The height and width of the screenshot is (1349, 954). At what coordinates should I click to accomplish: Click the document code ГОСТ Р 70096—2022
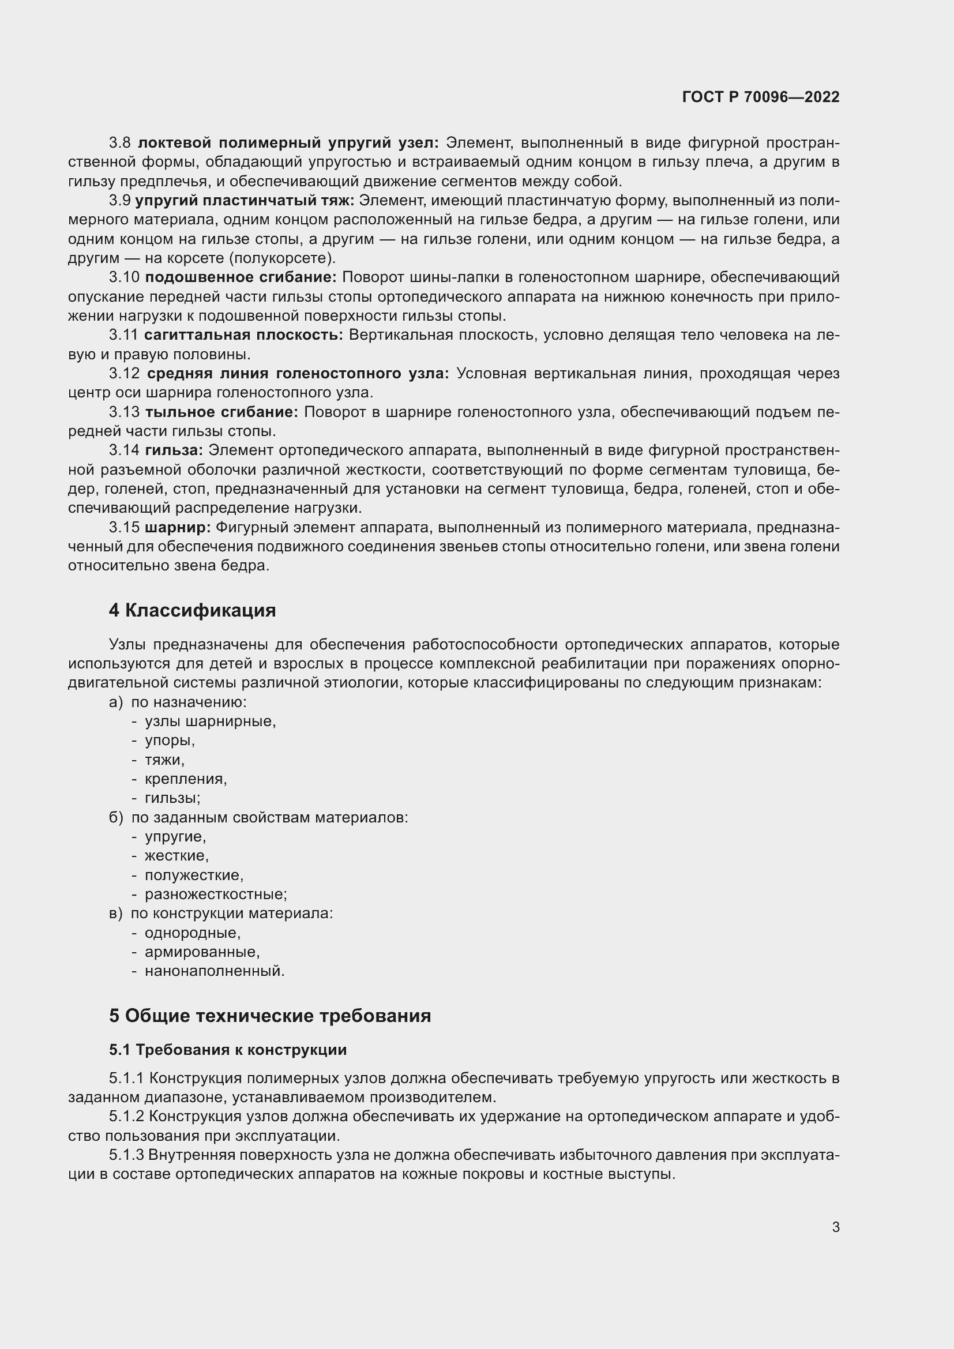(761, 97)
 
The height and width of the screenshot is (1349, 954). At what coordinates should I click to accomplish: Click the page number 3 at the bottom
(835, 1227)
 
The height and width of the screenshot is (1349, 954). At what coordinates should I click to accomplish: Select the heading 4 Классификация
(192, 610)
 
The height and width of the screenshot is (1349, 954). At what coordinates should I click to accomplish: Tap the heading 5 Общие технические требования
(269, 1016)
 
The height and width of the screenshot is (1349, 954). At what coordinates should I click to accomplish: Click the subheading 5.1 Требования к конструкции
(227, 1050)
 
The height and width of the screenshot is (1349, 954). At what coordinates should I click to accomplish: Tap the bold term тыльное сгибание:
(221, 412)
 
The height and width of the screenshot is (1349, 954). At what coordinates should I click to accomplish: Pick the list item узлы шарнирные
(210, 721)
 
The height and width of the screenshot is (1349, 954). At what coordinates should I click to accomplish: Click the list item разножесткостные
(216, 895)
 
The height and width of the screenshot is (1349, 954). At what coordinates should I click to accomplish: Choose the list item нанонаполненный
(215, 971)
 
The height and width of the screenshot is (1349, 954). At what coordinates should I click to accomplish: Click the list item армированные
(202, 952)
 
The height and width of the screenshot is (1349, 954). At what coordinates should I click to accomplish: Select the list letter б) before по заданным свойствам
(116, 817)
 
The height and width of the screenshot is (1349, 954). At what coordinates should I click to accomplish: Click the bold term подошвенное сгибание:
(241, 277)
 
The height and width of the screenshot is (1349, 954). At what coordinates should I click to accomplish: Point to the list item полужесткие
(194, 875)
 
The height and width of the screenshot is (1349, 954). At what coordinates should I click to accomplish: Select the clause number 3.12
(124, 374)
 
